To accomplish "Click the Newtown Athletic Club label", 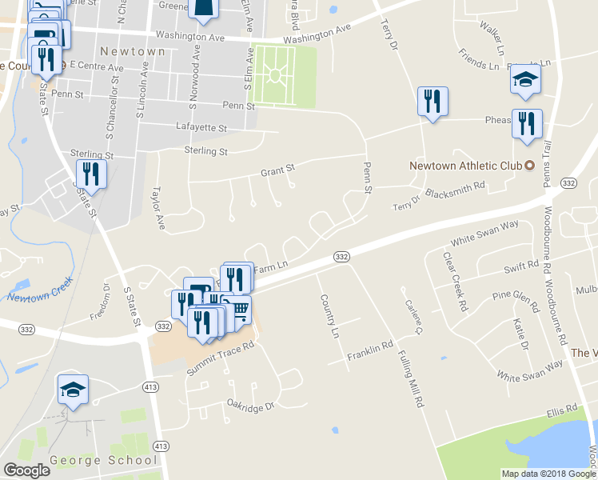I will (465, 166).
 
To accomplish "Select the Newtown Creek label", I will (40, 290).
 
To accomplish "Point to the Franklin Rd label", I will (370, 350).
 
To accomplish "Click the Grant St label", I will (278, 170).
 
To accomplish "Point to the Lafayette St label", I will (201, 127).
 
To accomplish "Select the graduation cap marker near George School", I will (73, 390).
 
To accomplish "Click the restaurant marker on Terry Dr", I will (433, 101).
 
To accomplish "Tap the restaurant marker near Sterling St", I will (91, 174).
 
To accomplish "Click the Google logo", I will (26, 470).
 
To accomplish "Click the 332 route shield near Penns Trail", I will (568, 183).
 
